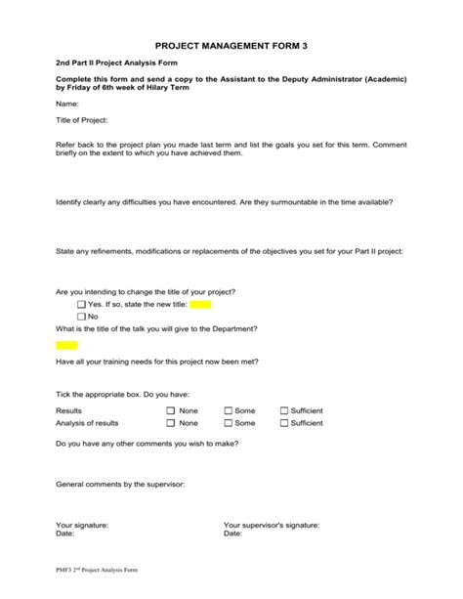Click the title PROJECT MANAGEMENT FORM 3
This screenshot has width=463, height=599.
point(231,46)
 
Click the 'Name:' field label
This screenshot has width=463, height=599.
point(67,103)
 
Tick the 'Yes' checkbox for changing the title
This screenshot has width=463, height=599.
point(81,305)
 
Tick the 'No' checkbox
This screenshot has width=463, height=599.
point(81,317)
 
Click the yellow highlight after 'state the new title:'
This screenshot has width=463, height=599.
point(200,305)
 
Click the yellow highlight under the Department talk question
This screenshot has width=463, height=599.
point(66,345)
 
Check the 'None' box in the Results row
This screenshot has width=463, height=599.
point(171,411)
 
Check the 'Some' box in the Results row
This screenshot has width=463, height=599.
point(228,411)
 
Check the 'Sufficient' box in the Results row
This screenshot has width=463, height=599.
point(284,411)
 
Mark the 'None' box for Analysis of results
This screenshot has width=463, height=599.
point(171,423)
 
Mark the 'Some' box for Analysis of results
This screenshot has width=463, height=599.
point(228,423)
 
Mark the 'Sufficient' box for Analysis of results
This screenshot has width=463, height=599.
point(284,423)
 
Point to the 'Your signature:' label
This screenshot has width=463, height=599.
point(82,525)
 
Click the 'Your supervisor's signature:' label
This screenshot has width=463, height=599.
point(271,525)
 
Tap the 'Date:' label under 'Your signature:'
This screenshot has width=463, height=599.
point(65,534)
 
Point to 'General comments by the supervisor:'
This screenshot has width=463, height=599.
point(120,484)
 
